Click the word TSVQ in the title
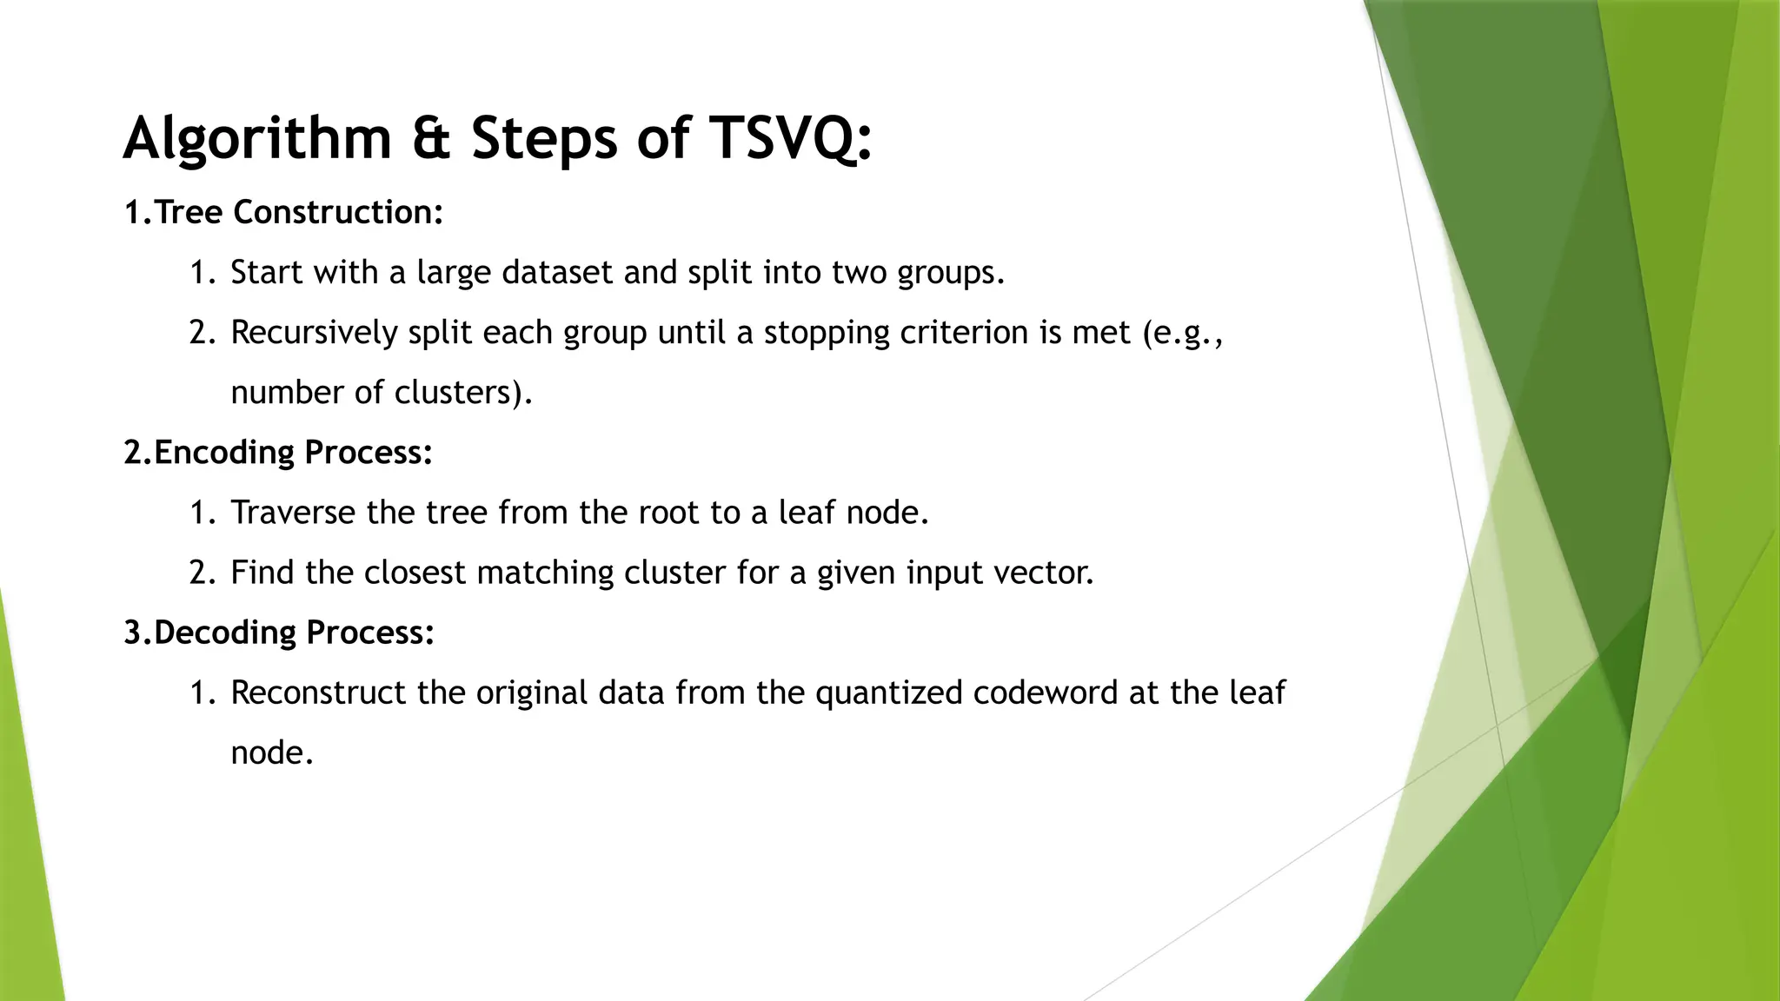[789, 139]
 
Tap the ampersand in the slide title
[431, 139]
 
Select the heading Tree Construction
[298, 213]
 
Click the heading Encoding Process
[292, 453]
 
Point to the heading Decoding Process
[294, 633]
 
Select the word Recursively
[314, 333]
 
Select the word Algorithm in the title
[257, 139]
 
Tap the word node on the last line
[270, 752]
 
